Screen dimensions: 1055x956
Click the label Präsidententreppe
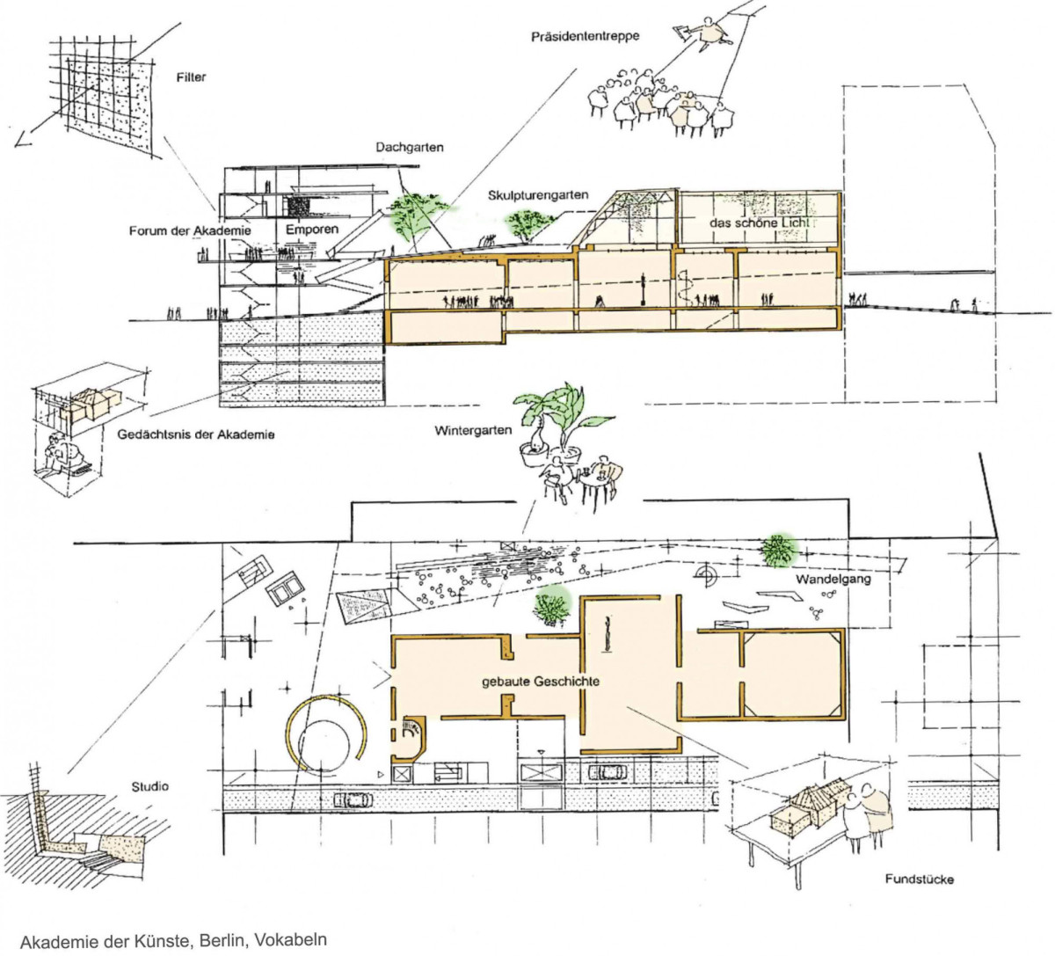585,37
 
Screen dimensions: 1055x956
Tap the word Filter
191,77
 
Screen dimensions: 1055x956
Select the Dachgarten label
409,148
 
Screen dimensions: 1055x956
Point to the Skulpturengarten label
538,195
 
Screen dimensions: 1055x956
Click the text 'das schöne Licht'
760,223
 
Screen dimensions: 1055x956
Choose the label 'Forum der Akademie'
191,230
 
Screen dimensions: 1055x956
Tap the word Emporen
312,230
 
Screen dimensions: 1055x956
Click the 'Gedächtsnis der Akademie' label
196,434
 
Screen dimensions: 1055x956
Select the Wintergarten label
473,430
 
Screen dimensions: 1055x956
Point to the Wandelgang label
833,580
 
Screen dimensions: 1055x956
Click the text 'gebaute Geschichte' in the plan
541,682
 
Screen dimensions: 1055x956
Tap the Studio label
149,786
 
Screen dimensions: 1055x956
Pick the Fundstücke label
919,879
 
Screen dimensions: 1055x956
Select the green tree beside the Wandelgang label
777,551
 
